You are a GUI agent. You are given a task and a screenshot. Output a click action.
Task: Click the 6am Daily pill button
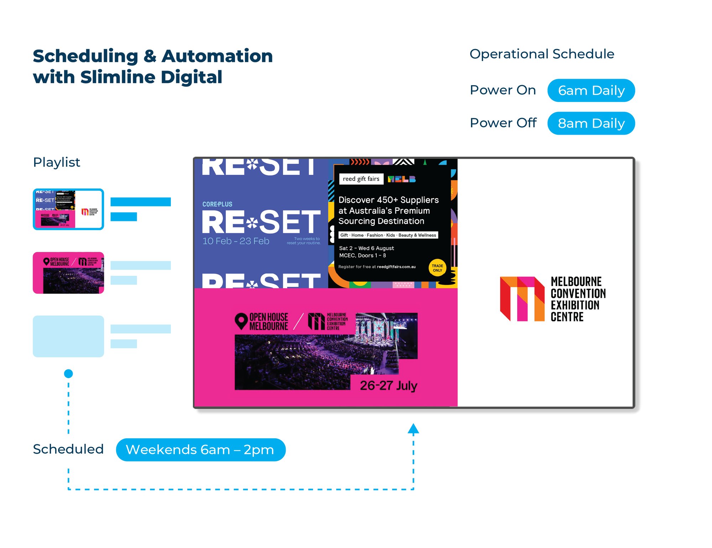click(x=591, y=91)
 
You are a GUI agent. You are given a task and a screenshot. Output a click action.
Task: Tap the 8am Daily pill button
click(x=591, y=123)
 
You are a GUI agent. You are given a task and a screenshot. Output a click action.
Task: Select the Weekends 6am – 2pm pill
click(x=200, y=450)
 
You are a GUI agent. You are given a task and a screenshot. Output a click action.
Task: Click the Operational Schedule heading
click(x=541, y=54)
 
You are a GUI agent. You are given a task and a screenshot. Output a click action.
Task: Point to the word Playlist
click(x=57, y=162)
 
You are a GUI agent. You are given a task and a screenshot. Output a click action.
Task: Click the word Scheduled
click(x=68, y=449)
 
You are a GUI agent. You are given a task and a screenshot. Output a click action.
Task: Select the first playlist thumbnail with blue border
click(x=68, y=209)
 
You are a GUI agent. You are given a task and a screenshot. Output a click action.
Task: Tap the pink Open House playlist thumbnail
click(x=68, y=273)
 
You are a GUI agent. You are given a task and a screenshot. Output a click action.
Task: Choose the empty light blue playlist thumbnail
click(x=68, y=336)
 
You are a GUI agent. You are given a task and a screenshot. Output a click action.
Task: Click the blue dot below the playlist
click(x=68, y=373)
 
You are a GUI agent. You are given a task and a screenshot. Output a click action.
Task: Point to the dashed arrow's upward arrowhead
click(x=413, y=428)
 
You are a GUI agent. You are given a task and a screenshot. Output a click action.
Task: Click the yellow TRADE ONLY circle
click(x=437, y=268)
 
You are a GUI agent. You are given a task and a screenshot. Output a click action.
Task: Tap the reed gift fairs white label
click(x=361, y=179)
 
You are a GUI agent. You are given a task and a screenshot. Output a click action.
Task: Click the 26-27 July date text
click(x=388, y=386)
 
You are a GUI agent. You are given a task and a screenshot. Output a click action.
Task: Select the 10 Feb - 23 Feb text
click(x=236, y=241)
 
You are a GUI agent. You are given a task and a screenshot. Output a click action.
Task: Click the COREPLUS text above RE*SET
click(x=217, y=204)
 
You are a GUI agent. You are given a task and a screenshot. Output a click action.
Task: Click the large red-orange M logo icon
click(x=522, y=299)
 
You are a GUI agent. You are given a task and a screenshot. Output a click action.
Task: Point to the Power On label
click(x=503, y=90)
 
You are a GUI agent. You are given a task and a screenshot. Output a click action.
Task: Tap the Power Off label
click(x=503, y=123)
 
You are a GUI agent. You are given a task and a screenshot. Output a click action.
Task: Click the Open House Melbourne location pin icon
click(x=241, y=321)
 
